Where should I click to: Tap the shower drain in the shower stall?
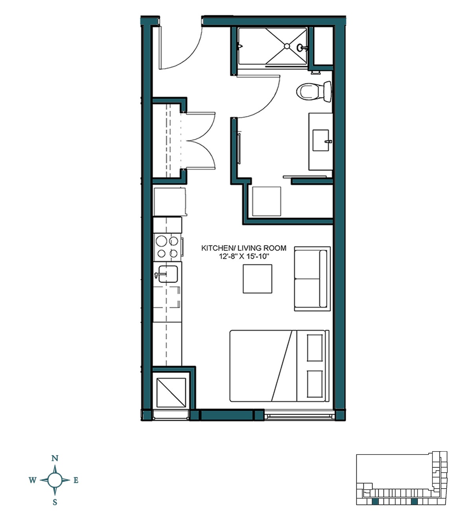click(x=287, y=46)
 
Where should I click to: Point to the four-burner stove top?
click(x=168, y=247)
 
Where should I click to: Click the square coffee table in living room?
click(x=258, y=279)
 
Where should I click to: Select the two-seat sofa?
click(x=312, y=278)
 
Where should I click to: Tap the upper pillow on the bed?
click(x=315, y=348)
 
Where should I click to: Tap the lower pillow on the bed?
click(x=315, y=383)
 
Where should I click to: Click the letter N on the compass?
click(x=55, y=458)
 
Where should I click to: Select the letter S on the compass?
click(x=55, y=502)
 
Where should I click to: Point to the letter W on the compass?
click(x=32, y=480)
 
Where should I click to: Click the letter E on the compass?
click(x=76, y=480)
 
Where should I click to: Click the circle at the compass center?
click(x=55, y=480)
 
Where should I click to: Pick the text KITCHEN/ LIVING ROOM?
click(x=243, y=248)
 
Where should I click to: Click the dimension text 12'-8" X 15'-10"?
click(x=243, y=257)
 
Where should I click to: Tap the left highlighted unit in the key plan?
click(x=375, y=501)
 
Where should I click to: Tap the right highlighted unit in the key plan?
click(x=414, y=501)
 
